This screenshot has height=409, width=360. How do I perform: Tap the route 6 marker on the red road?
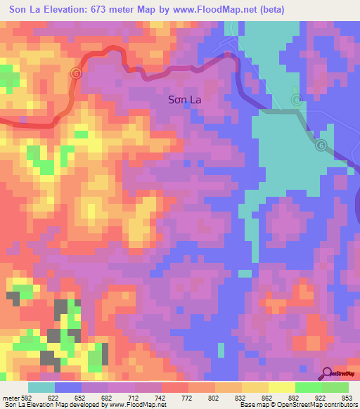click(77, 73)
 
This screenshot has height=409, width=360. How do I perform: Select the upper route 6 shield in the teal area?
click(297, 100)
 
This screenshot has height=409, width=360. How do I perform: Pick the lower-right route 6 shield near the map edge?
click(321, 145)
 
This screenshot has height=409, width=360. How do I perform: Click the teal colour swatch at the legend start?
click(41, 387)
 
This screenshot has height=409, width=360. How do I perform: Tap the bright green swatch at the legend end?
click(335, 387)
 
